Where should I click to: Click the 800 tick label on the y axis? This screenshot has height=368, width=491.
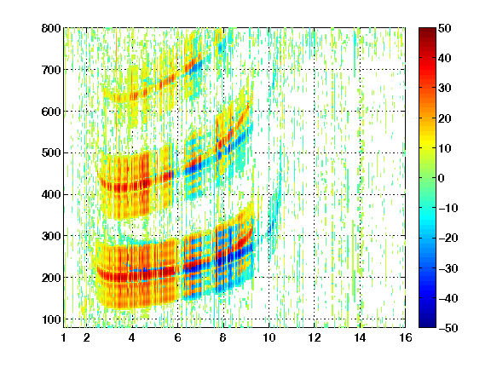point(51,28)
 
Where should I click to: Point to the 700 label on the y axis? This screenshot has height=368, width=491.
point(51,70)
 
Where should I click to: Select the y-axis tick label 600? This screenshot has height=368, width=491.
point(51,112)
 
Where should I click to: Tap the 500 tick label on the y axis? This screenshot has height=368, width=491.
point(51,153)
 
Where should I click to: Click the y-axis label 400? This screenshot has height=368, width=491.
point(51,195)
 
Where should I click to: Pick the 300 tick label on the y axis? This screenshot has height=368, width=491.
point(51,236)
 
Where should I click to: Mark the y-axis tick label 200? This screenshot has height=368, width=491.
point(51,278)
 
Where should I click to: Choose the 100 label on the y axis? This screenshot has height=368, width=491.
point(51,319)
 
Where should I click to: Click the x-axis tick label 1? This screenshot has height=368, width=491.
point(64,337)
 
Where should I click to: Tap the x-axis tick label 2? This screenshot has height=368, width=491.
point(87,337)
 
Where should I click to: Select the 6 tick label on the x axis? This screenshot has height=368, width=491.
point(177,337)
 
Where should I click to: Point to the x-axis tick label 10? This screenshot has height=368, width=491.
point(269,337)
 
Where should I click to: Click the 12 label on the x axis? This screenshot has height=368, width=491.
point(314,337)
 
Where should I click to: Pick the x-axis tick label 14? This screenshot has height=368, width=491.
point(360,337)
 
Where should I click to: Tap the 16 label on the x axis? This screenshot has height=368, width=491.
point(405,337)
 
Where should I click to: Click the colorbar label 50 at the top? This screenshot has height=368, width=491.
point(444,28)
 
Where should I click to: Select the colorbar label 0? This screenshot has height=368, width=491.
point(442,178)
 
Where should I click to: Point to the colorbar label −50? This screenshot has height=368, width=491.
point(448,328)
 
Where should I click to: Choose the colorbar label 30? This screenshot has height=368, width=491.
point(444,89)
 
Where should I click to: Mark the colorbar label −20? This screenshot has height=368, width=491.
point(448,239)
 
